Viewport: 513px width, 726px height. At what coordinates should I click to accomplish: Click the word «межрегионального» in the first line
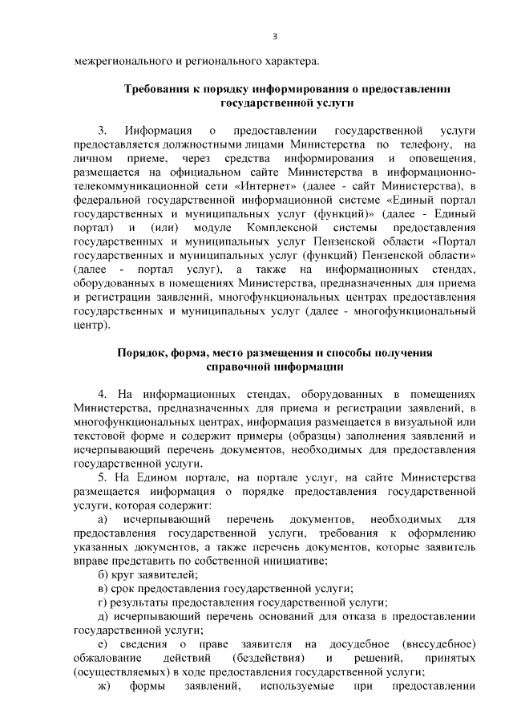click(120, 60)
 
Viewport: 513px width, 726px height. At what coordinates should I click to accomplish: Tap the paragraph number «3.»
click(103, 129)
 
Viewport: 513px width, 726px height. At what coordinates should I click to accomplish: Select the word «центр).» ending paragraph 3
click(90, 325)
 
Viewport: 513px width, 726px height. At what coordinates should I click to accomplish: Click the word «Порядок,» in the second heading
click(142, 353)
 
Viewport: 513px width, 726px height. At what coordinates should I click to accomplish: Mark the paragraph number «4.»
click(103, 395)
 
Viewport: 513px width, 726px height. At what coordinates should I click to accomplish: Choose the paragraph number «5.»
click(103, 479)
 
